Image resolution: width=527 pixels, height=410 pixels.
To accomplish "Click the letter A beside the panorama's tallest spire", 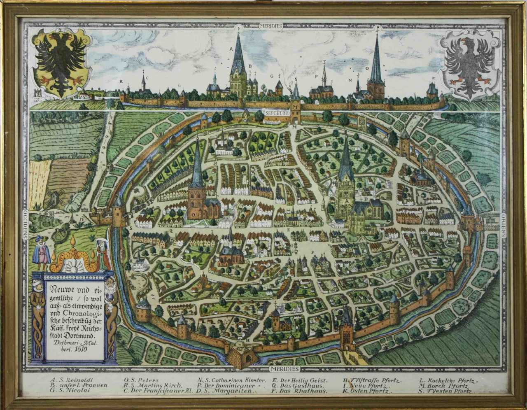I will pos(232,49).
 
